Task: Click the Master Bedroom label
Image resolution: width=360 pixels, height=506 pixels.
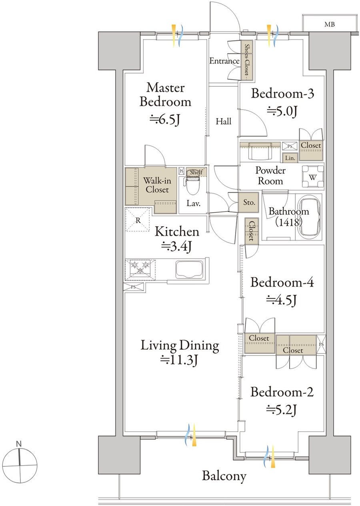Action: click(166, 95)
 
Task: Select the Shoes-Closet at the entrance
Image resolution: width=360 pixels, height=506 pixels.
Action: click(246, 60)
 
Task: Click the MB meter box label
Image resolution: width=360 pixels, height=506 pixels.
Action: click(330, 24)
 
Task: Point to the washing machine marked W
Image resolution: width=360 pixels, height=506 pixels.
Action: click(313, 177)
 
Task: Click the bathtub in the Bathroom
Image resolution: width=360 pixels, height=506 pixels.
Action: click(309, 217)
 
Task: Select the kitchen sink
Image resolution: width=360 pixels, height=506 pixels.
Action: click(189, 270)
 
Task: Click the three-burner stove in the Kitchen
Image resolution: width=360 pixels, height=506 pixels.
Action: click(140, 268)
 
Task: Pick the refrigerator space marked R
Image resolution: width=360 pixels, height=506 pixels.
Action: click(138, 220)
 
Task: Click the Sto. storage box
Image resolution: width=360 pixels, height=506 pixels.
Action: click(249, 202)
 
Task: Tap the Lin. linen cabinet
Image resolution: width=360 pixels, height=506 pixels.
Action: click(290, 158)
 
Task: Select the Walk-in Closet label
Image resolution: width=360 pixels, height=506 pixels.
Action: click(157, 185)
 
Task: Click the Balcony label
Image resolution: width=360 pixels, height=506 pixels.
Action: click(224, 476)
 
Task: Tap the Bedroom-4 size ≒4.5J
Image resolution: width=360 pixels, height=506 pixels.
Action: click(282, 300)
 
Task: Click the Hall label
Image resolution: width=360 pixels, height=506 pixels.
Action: click(224, 122)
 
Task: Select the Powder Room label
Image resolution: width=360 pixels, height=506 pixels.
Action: click(270, 176)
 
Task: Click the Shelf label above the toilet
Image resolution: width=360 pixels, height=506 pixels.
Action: click(196, 172)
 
